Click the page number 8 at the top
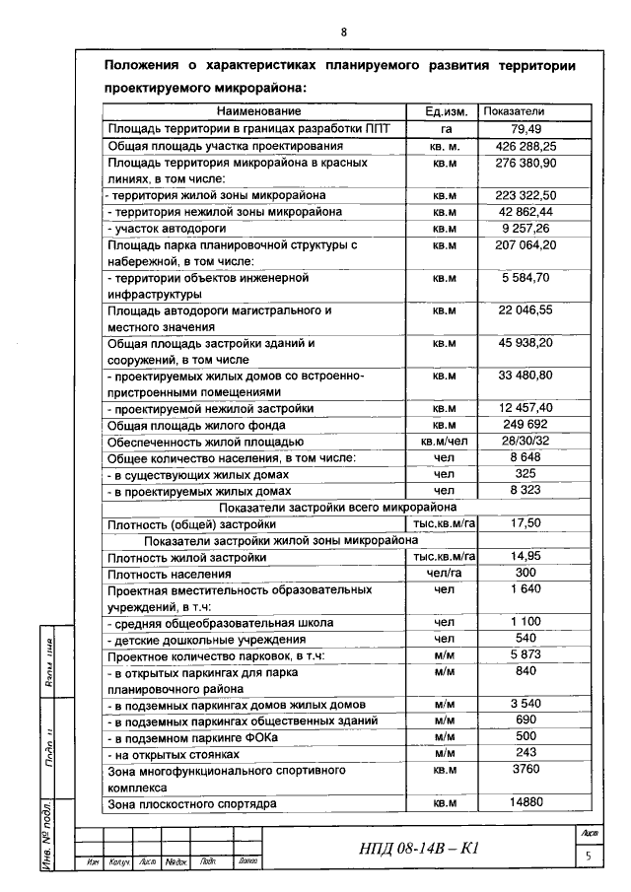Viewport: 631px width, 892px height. pyautogui.click(x=344, y=32)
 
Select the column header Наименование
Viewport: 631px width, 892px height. pyautogui.click(x=259, y=111)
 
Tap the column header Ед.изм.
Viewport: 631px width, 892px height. pyautogui.click(x=444, y=111)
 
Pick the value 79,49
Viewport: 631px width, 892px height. pyautogui.click(x=527, y=128)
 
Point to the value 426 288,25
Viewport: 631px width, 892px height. pyautogui.click(x=527, y=146)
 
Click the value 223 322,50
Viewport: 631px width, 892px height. pyautogui.click(x=527, y=195)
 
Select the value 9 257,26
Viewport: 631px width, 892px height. pyautogui.click(x=527, y=228)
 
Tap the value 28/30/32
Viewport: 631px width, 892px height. pyautogui.click(x=527, y=442)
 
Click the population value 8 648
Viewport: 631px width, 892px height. pyautogui.click(x=527, y=457)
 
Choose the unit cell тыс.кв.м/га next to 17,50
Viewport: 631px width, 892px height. pyautogui.click(x=444, y=524)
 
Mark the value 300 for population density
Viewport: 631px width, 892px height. pyautogui.click(x=526, y=573)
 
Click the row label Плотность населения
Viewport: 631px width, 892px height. pyautogui.click(x=170, y=574)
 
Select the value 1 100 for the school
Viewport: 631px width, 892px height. pyautogui.click(x=527, y=623)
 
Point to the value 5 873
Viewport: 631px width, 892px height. pyautogui.click(x=527, y=655)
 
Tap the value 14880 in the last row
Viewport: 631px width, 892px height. pyautogui.click(x=527, y=803)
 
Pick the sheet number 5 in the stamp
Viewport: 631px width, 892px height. pyautogui.click(x=588, y=857)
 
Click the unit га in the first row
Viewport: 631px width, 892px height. pyautogui.click(x=446, y=128)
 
